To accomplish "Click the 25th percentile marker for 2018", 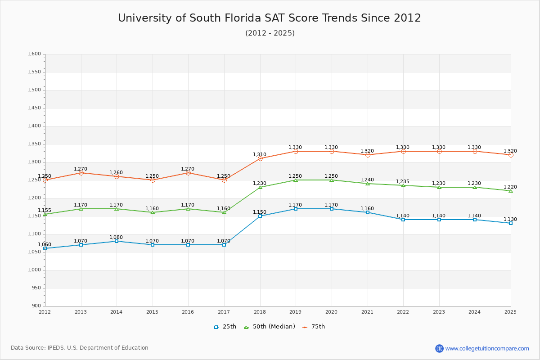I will pyautogui.click(x=260, y=216).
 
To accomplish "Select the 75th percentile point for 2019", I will pyautogui.click(x=296, y=151).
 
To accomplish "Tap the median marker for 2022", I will pyautogui.click(x=403, y=185).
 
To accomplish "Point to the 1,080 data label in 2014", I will pyautogui.click(x=116, y=237).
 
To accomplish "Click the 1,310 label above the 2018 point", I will pyautogui.click(x=260, y=154).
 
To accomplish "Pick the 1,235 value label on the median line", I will pyautogui.click(x=403, y=181).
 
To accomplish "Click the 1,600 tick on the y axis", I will pyautogui.click(x=34, y=54).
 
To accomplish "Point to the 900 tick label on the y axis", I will pyautogui.click(x=36, y=306).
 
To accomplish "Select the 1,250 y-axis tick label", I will pyautogui.click(x=34, y=180).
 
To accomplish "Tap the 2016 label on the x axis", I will pyautogui.click(x=188, y=312).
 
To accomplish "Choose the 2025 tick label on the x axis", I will pyautogui.click(x=510, y=312).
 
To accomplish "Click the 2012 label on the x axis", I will pyautogui.click(x=45, y=312).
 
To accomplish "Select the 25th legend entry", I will pyautogui.click(x=225, y=327).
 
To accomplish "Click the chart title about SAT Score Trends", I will pyautogui.click(x=270, y=18).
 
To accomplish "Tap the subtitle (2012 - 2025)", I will pyautogui.click(x=270, y=33).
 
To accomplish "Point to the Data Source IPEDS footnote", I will pyautogui.click(x=80, y=348).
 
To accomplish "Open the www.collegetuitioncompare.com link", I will pyautogui.click(x=487, y=348).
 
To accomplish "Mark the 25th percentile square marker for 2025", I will pyautogui.click(x=511, y=223).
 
